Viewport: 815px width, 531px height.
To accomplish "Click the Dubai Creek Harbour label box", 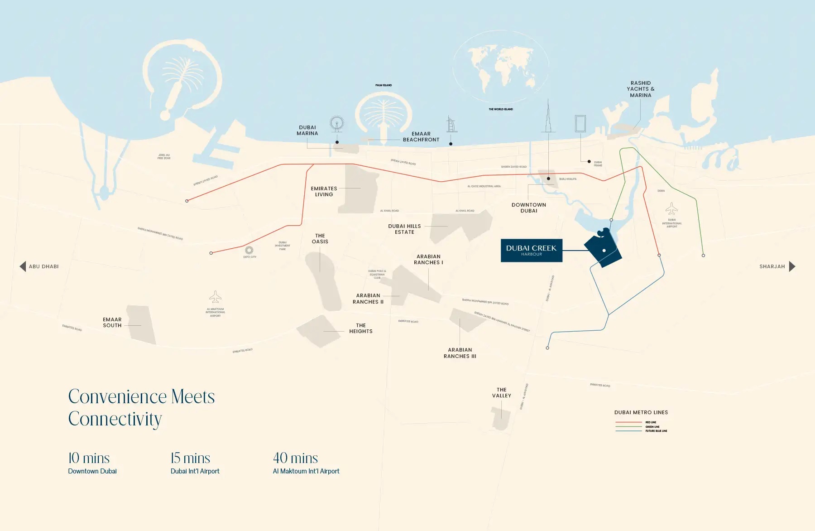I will (x=531, y=251).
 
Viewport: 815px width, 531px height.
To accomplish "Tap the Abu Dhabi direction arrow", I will (x=23, y=266).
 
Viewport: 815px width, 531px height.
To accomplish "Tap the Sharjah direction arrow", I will (x=792, y=266).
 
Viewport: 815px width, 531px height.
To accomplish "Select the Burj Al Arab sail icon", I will (x=451, y=124).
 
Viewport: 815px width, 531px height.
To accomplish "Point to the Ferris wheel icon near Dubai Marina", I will (x=337, y=123).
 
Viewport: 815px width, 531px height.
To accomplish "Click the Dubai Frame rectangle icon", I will (x=580, y=123).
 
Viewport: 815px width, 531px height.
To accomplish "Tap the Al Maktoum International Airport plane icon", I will (x=216, y=297).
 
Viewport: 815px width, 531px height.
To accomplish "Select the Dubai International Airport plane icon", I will (x=671, y=209).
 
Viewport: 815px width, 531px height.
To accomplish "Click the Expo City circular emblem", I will (x=249, y=250).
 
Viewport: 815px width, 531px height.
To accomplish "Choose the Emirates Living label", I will (x=324, y=192).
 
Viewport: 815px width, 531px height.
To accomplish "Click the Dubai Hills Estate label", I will (x=404, y=229).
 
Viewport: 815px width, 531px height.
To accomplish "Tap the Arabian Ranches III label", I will (x=460, y=353).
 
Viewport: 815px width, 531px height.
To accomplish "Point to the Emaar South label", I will (x=112, y=323).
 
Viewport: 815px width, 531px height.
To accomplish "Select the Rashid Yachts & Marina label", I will (x=640, y=89).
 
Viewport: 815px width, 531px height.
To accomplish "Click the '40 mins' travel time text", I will (x=295, y=458).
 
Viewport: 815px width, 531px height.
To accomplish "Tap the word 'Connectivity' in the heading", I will (x=115, y=419).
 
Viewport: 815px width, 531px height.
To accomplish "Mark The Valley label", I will (x=502, y=393).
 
